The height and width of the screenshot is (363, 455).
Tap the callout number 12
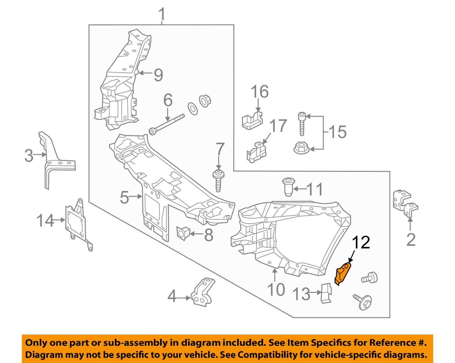361,243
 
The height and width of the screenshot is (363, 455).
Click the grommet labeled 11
288,186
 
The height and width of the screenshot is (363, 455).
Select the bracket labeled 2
405,203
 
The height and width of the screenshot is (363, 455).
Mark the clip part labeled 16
252,121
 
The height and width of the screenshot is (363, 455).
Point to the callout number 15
337,132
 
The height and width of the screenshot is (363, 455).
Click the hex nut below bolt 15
301,148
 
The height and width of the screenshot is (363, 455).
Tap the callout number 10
276,289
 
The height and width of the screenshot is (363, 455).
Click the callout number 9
158,75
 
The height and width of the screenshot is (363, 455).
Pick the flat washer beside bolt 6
193,109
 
